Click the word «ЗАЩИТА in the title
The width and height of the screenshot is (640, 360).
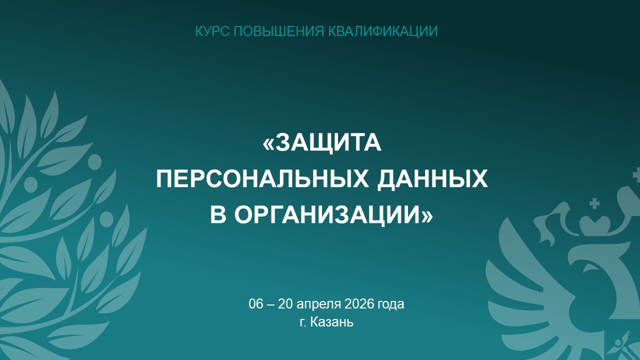coord(322,143)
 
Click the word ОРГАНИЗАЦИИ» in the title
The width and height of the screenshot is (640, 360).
coord(334,215)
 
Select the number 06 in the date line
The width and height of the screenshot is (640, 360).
coord(255,304)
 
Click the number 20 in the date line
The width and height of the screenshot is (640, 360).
coord(285,304)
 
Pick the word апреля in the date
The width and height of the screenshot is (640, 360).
coord(319,305)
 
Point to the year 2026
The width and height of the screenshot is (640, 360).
coord(359,304)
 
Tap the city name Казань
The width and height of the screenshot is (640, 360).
coord(331,322)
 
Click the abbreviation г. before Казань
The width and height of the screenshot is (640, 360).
coord(303,323)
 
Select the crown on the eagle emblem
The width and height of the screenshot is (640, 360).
coord(595,225)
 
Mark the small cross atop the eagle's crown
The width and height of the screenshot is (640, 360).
coord(595,203)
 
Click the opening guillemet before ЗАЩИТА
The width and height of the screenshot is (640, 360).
coord(268,144)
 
